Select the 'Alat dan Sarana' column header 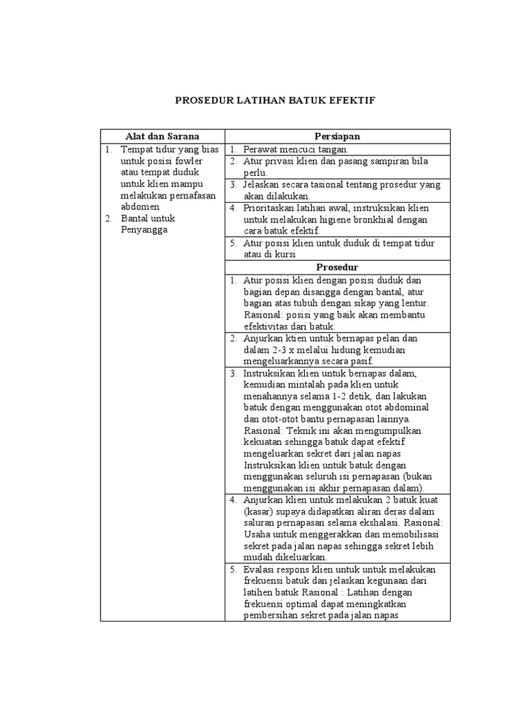coord(162,136)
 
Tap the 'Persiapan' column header coord(338,136)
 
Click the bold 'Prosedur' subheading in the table coord(338,266)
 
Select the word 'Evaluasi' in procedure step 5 coord(262,570)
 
